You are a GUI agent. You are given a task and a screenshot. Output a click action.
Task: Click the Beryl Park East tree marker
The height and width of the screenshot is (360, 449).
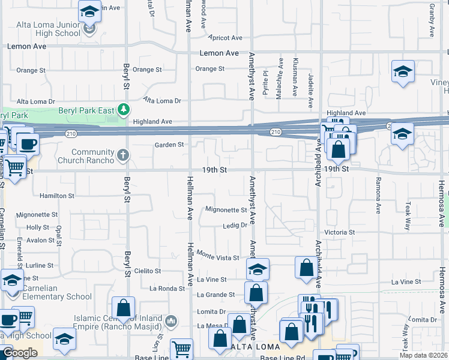[123, 110]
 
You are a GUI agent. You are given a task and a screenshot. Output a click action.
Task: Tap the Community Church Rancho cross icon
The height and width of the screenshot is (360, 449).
[123, 155]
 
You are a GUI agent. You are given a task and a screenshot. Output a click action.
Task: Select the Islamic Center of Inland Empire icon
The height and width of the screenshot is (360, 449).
[170, 321]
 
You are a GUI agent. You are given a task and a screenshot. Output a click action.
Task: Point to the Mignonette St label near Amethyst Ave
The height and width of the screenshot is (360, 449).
[226, 210]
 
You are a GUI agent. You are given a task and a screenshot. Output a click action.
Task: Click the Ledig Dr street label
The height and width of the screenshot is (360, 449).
[235, 226]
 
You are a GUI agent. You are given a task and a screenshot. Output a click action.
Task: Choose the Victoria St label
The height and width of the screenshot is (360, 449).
[340, 232]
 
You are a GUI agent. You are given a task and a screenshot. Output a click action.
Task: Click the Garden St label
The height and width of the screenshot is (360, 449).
[169, 145]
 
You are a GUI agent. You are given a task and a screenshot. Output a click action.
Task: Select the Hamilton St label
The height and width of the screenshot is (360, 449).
[56, 196]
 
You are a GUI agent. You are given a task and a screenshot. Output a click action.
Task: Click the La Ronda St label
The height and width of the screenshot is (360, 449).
[167, 289]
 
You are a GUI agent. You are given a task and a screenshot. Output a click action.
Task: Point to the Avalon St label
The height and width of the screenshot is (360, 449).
[41, 241]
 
